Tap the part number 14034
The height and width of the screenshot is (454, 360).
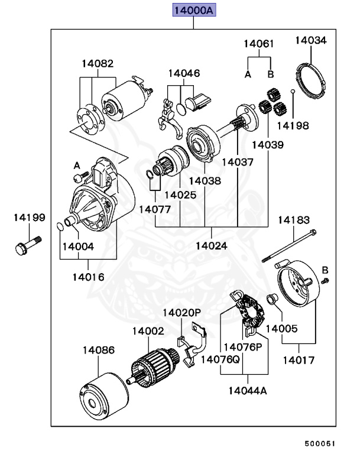(x=310, y=41)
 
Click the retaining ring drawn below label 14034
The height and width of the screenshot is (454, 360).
(x=310, y=82)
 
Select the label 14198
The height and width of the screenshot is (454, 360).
(x=293, y=125)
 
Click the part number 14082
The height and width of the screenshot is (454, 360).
(x=98, y=63)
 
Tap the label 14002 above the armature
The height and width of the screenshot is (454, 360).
(x=148, y=332)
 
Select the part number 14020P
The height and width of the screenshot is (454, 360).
(x=181, y=312)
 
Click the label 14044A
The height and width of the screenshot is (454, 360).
(x=248, y=390)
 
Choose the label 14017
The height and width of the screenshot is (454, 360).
(x=299, y=359)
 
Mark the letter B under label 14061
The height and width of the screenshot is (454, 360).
(x=271, y=74)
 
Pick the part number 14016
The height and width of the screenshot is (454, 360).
(x=89, y=276)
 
